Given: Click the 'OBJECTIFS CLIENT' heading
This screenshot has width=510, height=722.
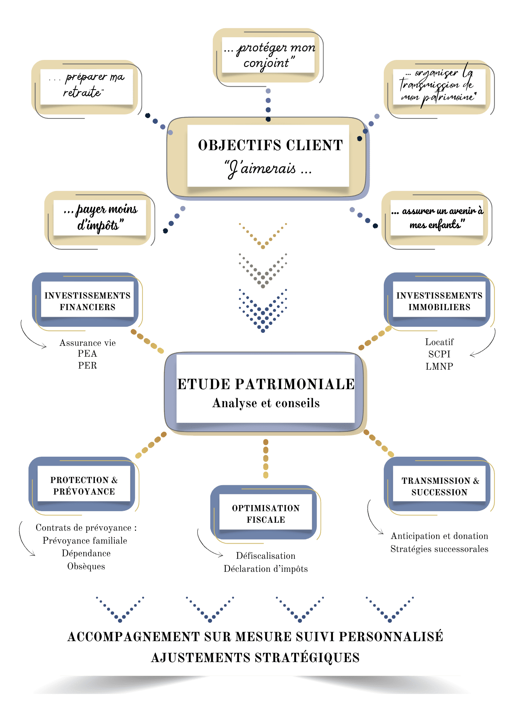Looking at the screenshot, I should coord(270,145).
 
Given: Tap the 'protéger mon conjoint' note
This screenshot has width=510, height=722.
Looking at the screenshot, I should coord(268,55).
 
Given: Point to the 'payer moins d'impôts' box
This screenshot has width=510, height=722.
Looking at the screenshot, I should coord(100,217).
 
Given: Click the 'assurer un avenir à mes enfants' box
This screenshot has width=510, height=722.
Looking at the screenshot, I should coord(437,218).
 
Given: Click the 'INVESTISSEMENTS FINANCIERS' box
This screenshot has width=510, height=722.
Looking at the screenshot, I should coord(87,301).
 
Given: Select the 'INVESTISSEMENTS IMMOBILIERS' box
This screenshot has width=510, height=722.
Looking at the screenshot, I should coord(439,301).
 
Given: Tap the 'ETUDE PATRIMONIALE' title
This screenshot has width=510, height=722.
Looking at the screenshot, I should coord(266,384).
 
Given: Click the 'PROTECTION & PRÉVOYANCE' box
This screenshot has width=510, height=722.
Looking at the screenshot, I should coord(84,486).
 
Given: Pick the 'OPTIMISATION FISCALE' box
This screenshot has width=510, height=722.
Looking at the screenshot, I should coord(266,514).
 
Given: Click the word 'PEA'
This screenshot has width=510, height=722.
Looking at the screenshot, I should coord(87,354).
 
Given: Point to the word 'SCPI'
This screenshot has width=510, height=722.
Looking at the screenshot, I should coord(439,354).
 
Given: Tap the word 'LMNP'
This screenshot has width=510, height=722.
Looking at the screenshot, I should coord(439,366).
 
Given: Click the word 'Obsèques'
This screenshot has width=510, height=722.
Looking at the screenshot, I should coord(86,566).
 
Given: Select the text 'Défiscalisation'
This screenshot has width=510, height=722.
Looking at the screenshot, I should coord(266,556).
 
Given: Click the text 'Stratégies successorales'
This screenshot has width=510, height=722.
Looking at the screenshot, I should coord(439,549).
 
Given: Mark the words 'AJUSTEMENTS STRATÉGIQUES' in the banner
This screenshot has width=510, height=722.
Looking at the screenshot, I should coord(255,658).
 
